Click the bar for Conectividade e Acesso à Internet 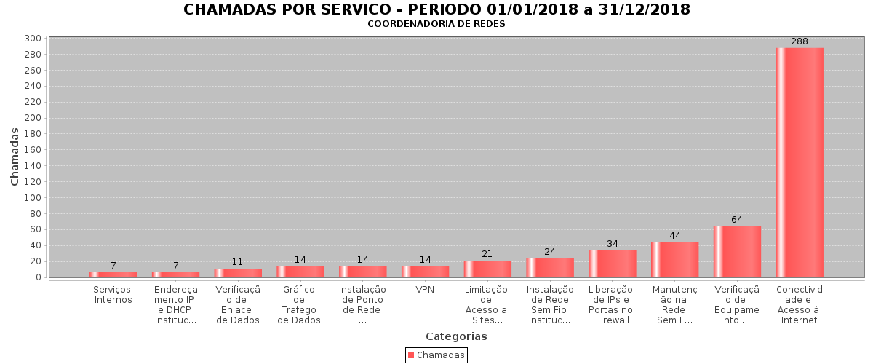[800, 162]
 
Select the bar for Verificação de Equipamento [737, 252]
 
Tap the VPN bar [425, 272]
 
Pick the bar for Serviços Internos [113, 274]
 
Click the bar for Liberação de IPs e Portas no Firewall [612, 264]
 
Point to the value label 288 [800, 41]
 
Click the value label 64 [737, 220]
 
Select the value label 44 [674, 236]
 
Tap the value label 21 [487, 254]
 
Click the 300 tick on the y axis [32, 38]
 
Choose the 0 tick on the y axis [36, 277]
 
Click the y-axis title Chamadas [15, 156]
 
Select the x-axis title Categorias [456, 336]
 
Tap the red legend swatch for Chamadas [411, 355]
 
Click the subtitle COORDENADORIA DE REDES [436, 24]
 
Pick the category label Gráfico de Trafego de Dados [299, 305]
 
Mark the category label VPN [425, 290]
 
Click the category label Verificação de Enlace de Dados [238, 305]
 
